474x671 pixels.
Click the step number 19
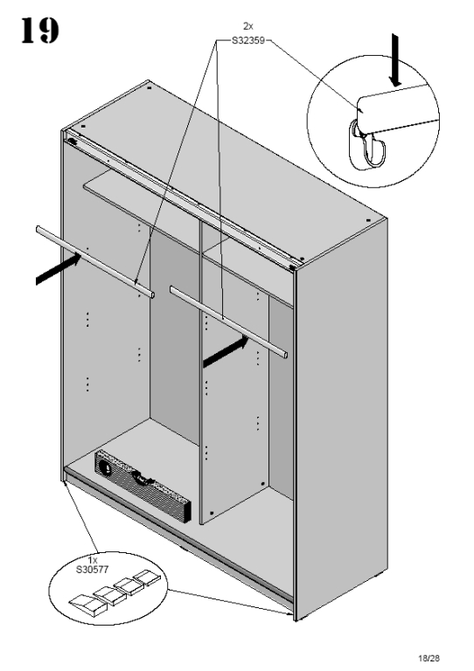40,30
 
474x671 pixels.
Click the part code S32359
247,41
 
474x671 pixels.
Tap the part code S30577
92,570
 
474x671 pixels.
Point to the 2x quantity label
247,26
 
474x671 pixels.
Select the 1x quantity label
93,560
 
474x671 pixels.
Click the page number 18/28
429,658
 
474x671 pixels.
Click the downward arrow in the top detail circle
394,61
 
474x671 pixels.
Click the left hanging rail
95,261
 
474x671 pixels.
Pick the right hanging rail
228,322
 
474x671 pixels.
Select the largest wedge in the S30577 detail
88,605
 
